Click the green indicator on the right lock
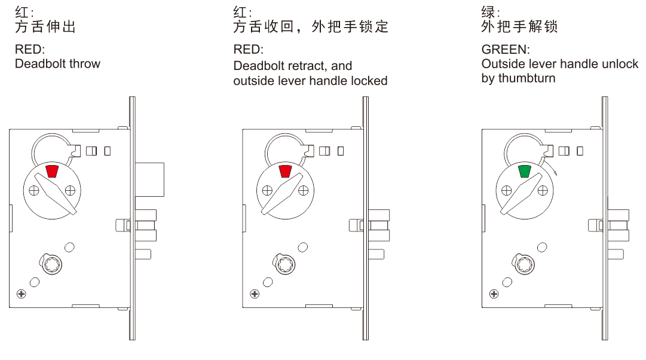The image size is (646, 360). click(x=525, y=172)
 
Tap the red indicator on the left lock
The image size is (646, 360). click(x=52, y=172)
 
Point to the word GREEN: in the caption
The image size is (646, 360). click(x=505, y=49)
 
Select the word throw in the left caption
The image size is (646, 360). click(x=85, y=63)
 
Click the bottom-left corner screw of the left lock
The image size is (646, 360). click(x=22, y=294)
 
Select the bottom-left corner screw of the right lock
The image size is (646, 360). click(x=494, y=294)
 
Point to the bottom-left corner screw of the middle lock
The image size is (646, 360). click(x=254, y=294)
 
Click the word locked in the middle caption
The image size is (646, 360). click(x=370, y=81)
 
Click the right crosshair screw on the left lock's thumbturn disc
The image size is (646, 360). click(x=71, y=191)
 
